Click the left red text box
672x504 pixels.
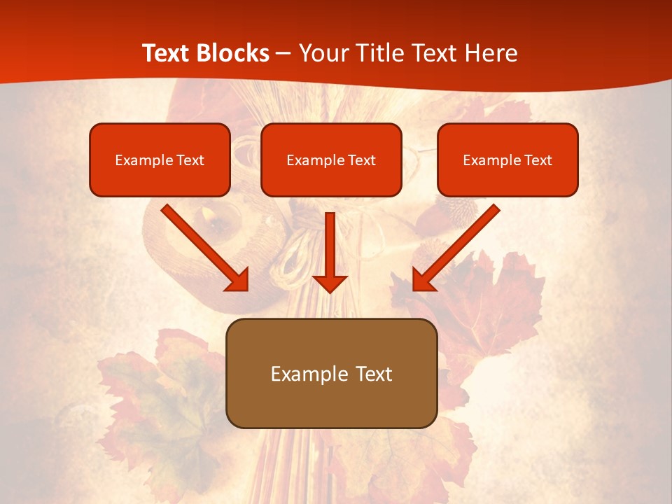click(160, 160)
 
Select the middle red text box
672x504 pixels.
click(331, 160)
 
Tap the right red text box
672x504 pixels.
click(507, 160)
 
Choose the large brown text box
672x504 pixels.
click(331, 373)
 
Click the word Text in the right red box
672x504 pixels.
click(538, 160)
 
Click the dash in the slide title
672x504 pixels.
click(283, 54)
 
